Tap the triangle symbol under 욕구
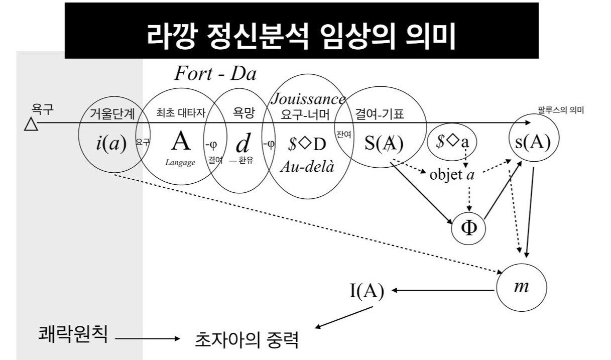(31, 124)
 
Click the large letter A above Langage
(181, 142)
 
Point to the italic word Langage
(180, 162)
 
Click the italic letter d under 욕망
(242, 144)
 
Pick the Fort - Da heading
(215, 74)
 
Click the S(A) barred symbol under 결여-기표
(384, 144)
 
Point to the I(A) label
(366, 291)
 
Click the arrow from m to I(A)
(442, 290)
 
